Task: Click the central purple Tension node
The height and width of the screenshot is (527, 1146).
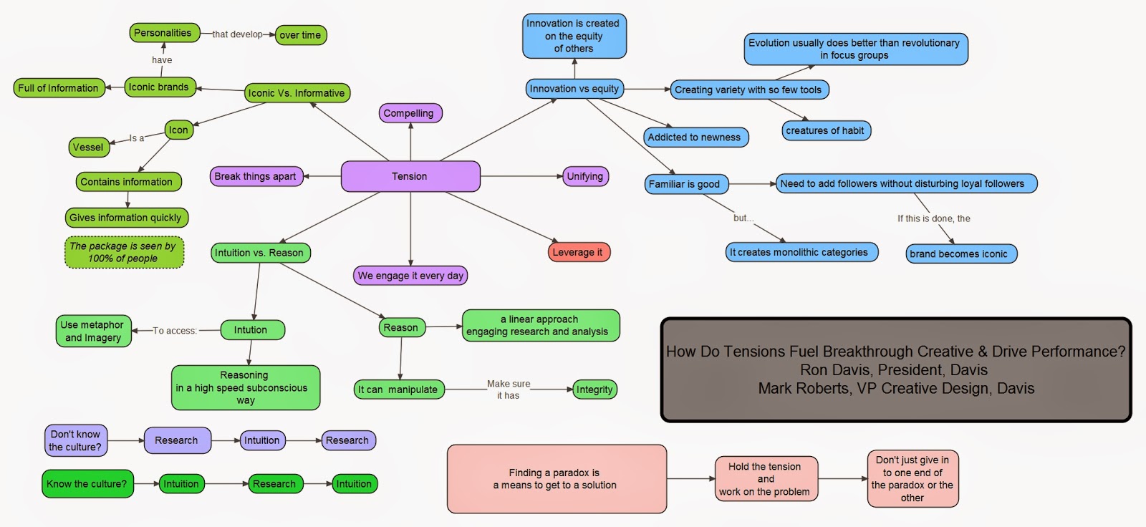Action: coord(410,176)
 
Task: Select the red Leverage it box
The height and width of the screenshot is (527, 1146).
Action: coord(577,252)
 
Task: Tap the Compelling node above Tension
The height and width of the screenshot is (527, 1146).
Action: coord(409,113)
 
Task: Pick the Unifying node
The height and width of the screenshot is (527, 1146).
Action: coord(584,176)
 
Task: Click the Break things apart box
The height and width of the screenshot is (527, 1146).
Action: coord(255,176)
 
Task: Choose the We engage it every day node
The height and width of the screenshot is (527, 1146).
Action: coord(410,276)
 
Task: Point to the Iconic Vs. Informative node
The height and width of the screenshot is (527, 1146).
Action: coord(297,93)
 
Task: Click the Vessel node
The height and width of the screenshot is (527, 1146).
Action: coord(88,148)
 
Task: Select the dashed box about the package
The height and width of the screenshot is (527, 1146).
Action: coord(123,252)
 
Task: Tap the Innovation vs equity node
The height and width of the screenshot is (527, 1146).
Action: coord(574,89)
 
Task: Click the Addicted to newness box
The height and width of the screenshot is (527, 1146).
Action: coord(694,137)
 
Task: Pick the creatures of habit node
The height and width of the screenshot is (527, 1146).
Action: coord(825,130)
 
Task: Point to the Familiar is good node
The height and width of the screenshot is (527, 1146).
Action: coord(684,184)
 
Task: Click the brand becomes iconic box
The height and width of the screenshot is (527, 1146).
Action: coord(959,253)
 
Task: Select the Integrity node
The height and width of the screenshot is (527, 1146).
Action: coord(594,390)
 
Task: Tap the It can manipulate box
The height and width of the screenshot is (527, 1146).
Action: coord(398,390)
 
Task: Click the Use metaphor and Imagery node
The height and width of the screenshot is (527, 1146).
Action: coord(93,331)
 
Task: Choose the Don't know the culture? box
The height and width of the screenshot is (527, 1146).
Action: coord(75,440)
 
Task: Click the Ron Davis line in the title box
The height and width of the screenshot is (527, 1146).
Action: coord(894,370)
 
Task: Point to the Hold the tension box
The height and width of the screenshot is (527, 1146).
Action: coord(765,479)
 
